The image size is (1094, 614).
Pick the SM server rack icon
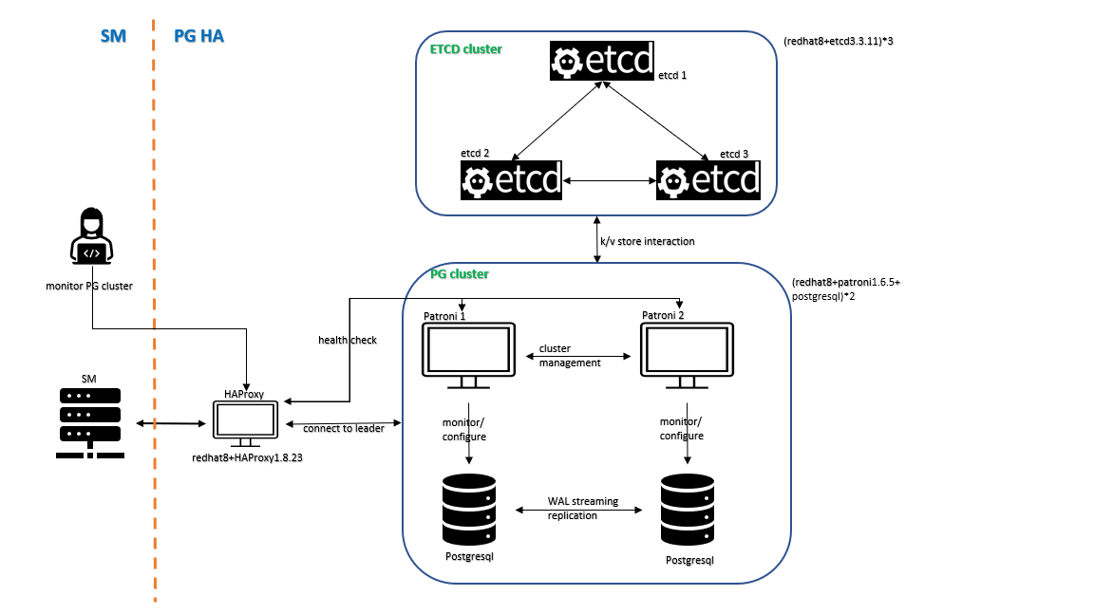(89, 421)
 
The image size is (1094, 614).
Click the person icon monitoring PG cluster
(92, 238)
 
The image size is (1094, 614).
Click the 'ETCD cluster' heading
(466, 48)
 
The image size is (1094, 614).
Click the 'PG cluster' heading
(460, 274)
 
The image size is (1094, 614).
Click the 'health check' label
(347, 340)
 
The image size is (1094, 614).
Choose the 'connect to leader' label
(343, 429)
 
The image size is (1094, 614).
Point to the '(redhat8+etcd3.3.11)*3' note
(839, 42)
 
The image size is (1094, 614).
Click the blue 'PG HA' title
(198, 37)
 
